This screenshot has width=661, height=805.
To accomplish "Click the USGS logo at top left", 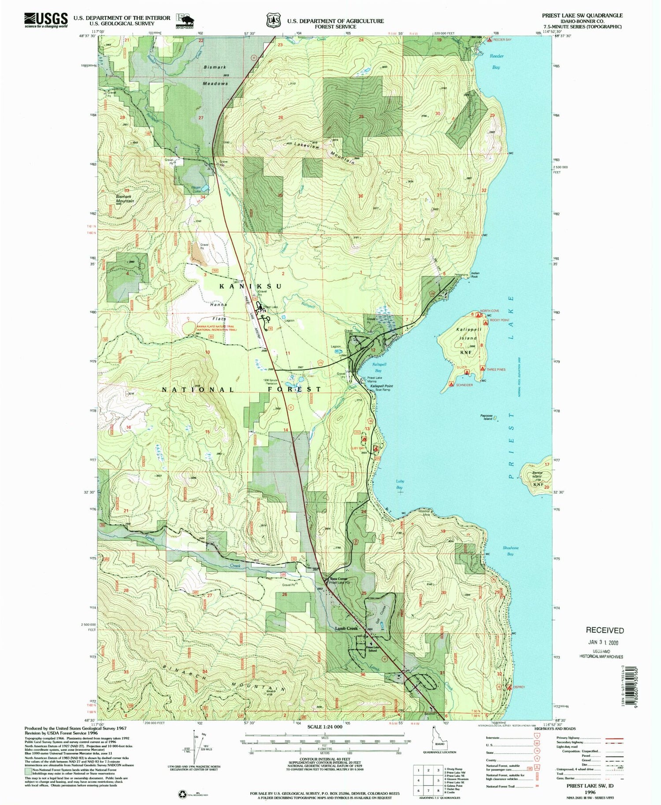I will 46,19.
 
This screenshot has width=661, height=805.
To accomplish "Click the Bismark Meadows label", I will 215,75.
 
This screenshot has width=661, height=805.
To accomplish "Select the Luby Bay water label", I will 399,484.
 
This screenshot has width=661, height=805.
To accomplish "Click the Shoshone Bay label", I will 510,550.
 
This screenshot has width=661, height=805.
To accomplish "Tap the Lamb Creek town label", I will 346,628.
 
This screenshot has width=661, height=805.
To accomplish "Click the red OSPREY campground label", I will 520,686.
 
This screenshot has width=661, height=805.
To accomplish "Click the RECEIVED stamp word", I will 604,631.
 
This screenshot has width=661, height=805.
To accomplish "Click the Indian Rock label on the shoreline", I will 475,275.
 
